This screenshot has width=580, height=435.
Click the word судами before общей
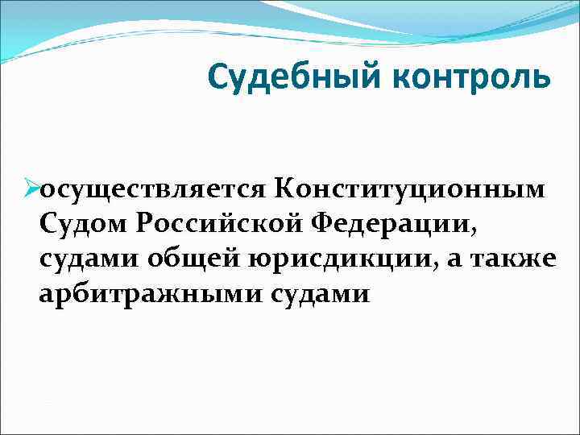pyautogui.click(x=86, y=259)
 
